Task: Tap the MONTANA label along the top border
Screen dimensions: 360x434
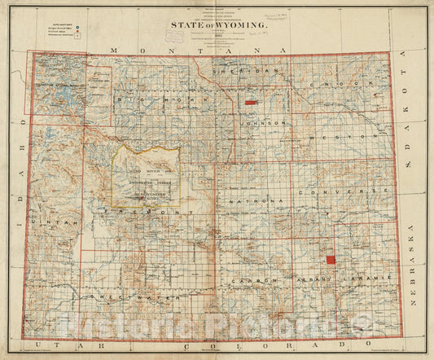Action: click(200, 50)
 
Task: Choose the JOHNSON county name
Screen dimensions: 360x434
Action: click(263, 123)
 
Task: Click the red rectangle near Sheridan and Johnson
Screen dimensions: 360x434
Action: click(251, 103)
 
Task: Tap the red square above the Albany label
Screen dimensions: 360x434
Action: click(331, 259)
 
